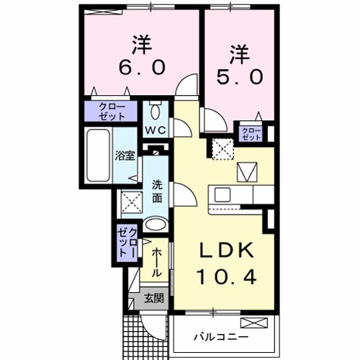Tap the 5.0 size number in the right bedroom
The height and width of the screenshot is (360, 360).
pos(239,76)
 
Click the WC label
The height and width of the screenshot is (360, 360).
pos(156,130)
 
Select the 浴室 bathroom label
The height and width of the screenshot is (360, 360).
pos(125,155)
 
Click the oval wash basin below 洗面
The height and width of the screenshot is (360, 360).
pos(155,225)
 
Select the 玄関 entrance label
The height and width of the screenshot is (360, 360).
pos(152,298)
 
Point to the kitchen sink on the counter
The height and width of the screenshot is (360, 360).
pos(220,194)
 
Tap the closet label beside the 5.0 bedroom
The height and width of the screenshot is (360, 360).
pos(251,132)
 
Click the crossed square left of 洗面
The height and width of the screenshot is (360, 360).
pos(132,202)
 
